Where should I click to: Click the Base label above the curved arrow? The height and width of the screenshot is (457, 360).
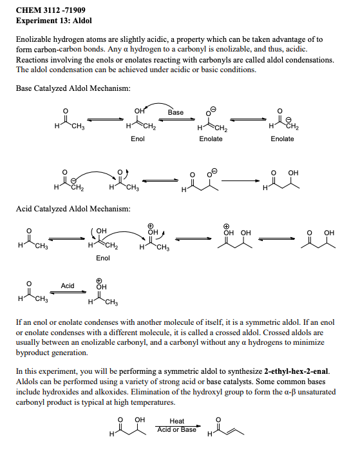click(x=175, y=112)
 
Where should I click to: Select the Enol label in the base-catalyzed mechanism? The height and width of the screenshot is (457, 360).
click(x=137, y=139)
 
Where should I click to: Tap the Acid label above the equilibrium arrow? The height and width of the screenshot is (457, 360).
click(x=68, y=286)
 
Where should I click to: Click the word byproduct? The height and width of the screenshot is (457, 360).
click(x=38, y=353)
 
